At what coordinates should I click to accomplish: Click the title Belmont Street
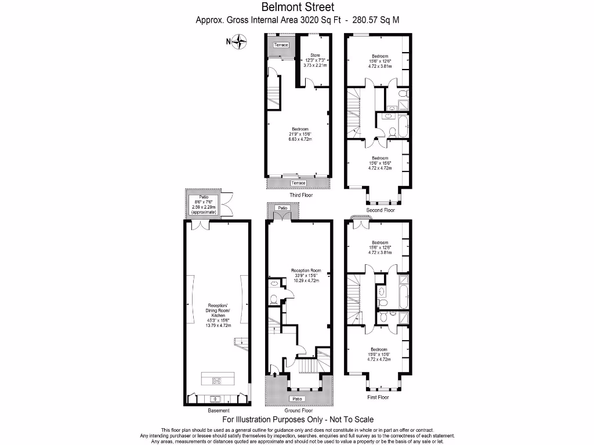pos(297,8)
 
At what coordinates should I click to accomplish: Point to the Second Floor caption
pos(381,210)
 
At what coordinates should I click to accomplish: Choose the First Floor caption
pos(378,397)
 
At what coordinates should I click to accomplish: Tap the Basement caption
pos(219,410)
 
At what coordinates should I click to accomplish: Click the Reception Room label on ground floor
pos(307,271)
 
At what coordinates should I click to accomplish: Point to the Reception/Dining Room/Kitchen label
pos(218,315)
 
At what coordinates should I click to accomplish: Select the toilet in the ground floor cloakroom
pos(274,300)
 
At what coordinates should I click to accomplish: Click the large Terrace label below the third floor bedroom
pos(298,183)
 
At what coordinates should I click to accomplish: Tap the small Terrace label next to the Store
pos(281,45)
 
